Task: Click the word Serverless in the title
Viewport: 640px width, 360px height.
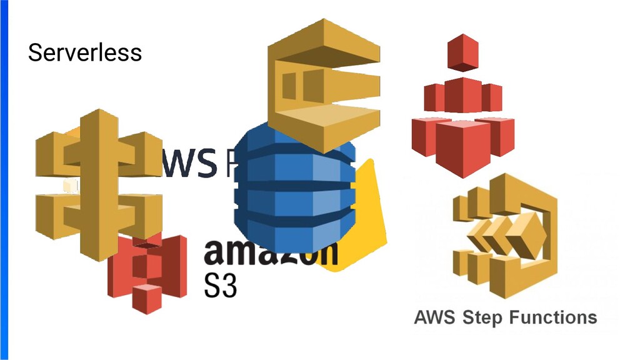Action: pyautogui.click(x=84, y=52)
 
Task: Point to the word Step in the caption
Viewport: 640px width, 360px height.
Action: pyautogui.click(x=483, y=317)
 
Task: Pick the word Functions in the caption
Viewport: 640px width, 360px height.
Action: pyautogui.click(x=553, y=317)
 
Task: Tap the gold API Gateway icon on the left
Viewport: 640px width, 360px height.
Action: pyautogui.click(x=94, y=181)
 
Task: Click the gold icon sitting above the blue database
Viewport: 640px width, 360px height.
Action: pyautogui.click(x=323, y=81)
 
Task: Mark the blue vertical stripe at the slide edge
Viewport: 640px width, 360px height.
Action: pyautogui.click(x=4, y=180)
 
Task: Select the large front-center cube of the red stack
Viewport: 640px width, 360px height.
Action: pyautogui.click(x=462, y=147)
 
